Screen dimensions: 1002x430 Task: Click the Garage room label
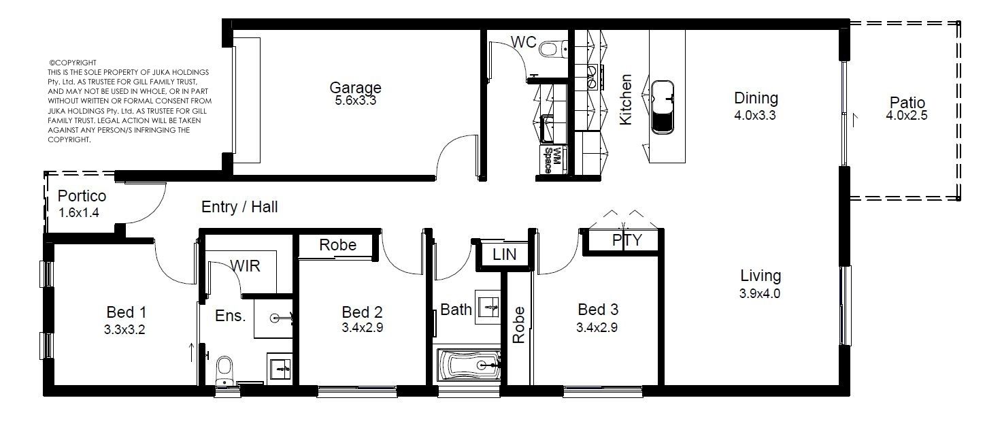click(355, 87)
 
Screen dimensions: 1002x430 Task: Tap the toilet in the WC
click(553, 48)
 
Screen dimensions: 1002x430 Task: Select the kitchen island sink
click(662, 107)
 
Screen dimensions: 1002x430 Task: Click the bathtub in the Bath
click(469, 365)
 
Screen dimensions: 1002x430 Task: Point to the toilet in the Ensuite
click(224, 371)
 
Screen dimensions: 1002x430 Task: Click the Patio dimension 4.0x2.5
click(907, 116)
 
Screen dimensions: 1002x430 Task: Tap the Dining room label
click(756, 98)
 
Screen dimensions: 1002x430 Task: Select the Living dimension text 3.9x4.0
click(760, 293)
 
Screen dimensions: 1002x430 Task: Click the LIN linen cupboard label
click(504, 254)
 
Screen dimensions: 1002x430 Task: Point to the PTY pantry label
click(627, 240)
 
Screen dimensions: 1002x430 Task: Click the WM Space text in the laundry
click(552, 160)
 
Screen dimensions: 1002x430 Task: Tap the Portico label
click(82, 196)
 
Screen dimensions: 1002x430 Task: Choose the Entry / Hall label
click(239, 207)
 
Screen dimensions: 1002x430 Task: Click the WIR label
click(245, 266)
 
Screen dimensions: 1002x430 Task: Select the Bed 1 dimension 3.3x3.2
click(124, 330)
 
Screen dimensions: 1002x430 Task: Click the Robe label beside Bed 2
click(337, 245)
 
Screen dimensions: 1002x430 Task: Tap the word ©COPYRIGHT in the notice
click(73, 63)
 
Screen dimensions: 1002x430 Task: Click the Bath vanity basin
click(488, 307)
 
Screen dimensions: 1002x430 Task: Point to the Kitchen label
click(625, 99)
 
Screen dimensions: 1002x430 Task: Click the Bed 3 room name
click(598, 309)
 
